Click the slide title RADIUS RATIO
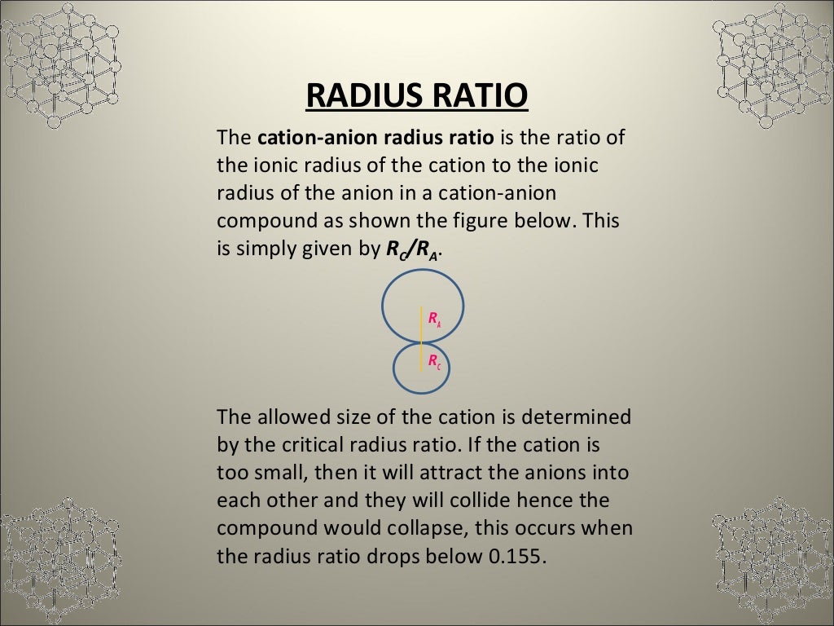(x=417, y=95)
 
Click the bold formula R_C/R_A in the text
(x=412, y=251)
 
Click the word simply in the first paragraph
(x=265, y=250)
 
